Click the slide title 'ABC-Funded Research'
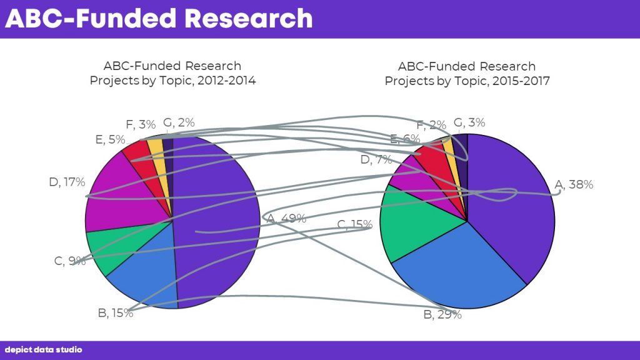point(159,18)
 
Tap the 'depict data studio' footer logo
point(43,350)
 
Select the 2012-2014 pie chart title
point(172,73)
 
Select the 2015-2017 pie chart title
point(467,74)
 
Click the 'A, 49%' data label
point(286,218)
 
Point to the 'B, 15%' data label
point(116,313)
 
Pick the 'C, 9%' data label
point(70,261)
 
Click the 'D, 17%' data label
point(67,182)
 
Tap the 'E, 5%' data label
point(110,139)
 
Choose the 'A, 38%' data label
point(574,184)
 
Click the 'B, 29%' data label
point(442,315)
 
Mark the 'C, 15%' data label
point(355,224)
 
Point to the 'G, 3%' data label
point(469,122)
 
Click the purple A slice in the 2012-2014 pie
point(216,221)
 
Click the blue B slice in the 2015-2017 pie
point(461,269)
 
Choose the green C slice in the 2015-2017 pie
point(416,224)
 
